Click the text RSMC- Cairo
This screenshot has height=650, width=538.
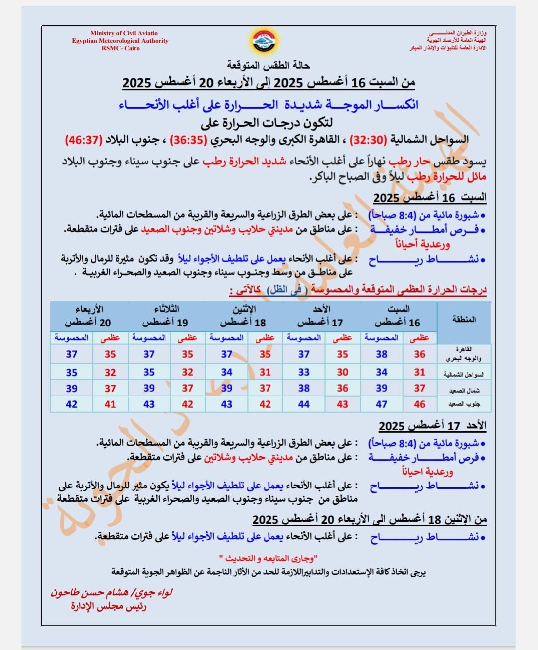click(121, 49)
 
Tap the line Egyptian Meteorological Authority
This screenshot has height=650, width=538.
click(120, 41)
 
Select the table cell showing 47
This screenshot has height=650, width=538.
click(381, 404)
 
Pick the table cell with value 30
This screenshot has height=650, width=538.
click(342, 372)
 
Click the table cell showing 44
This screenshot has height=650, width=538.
click(304, 404)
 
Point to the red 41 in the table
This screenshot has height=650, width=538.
click(110, 404)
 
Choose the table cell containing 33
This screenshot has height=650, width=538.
click(304, 372)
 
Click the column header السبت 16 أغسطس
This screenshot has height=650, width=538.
click(398, 316)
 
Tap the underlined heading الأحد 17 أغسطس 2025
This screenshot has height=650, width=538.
click(432, 426)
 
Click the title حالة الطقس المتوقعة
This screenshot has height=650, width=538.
click(269, 65)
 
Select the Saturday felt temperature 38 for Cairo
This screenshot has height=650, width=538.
click(381, 354)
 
